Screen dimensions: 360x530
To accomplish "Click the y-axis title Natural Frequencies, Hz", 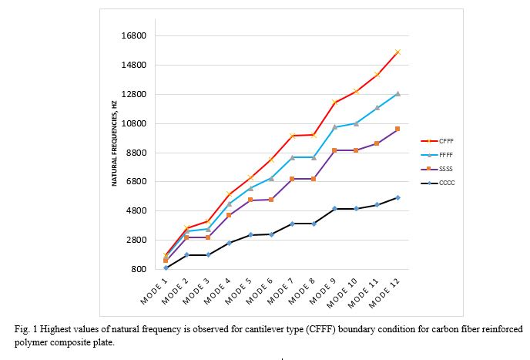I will click(x=114, y=143).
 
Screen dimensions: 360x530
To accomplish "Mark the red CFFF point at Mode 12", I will click(x=397, y=52).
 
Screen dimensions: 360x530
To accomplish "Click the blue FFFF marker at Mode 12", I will click(x=397, y=93).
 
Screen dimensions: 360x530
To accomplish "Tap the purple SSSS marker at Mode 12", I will click(x=397, y=129).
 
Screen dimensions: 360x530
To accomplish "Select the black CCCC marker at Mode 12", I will click(x=397, y=197).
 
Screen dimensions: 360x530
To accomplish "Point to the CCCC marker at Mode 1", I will click(x=166, y=267).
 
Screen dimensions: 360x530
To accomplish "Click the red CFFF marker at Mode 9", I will click(x=334, y=103).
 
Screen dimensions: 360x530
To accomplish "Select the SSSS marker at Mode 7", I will click(x=292, y=179).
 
